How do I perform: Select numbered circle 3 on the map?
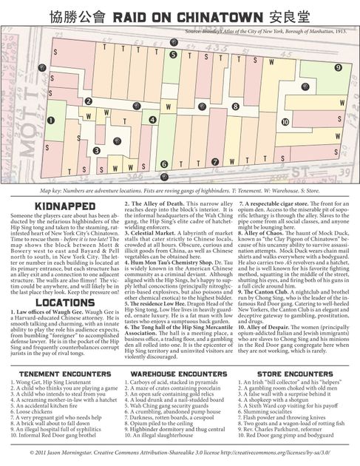(x=96, y=150)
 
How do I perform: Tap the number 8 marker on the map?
(x=215, y=107)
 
